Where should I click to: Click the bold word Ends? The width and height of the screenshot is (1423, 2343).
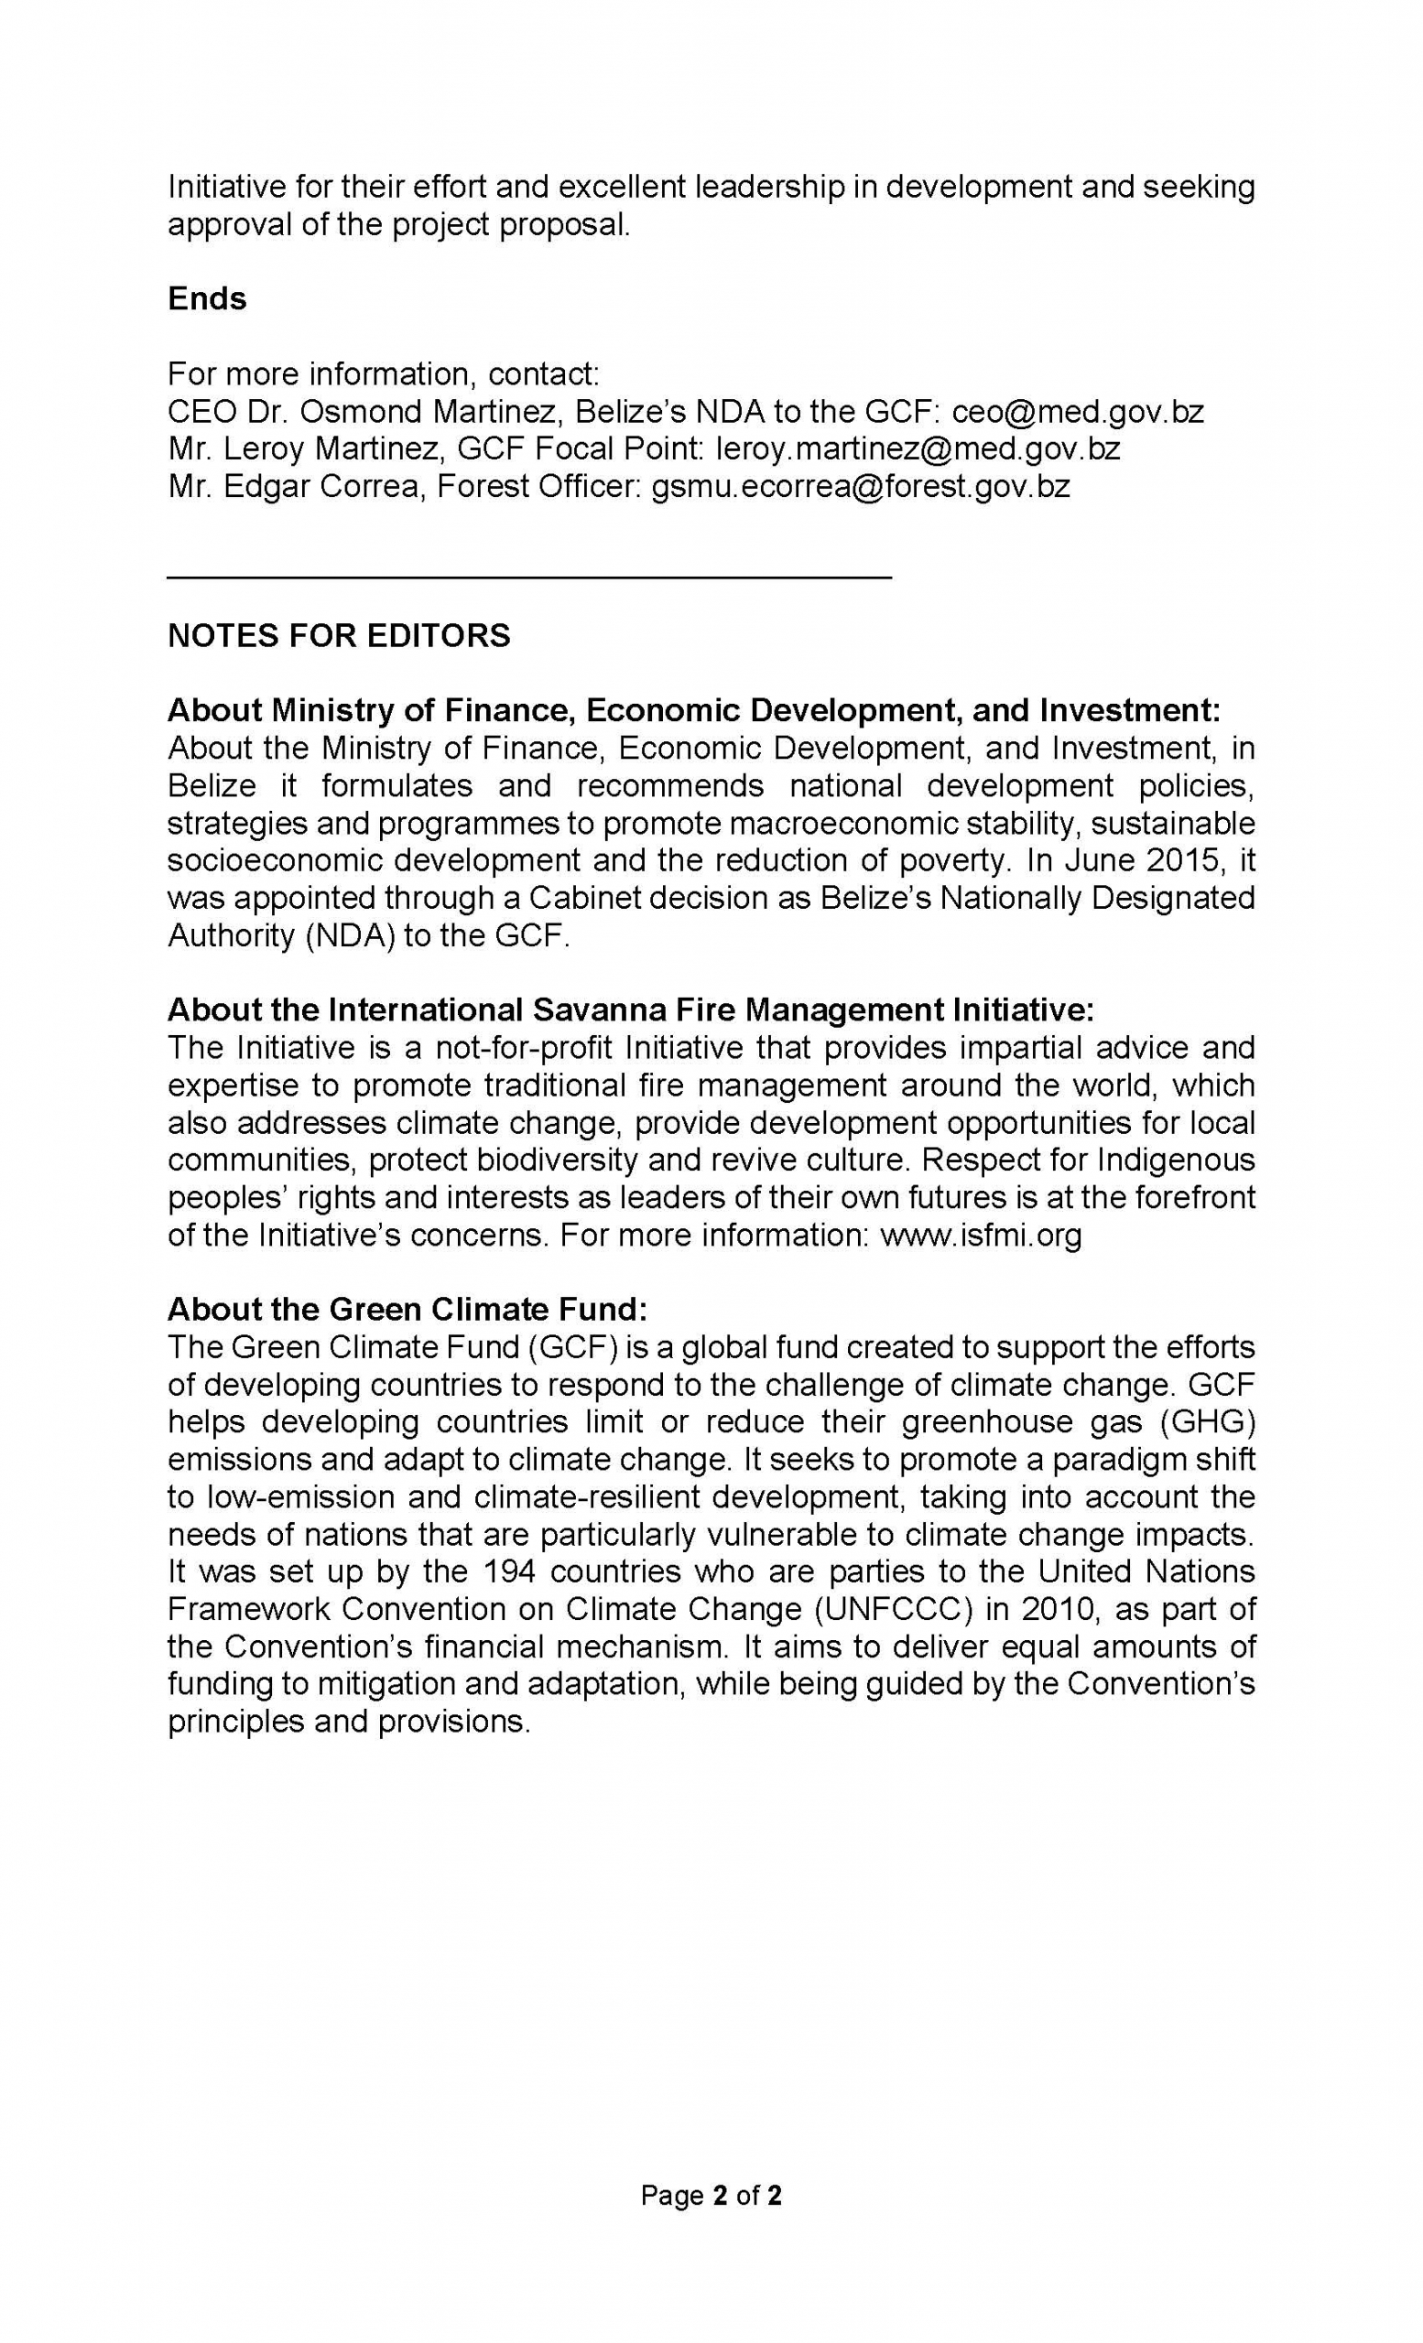click(x=206, y=298)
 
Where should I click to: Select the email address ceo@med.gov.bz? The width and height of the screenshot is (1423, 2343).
click(x=1077, y=412)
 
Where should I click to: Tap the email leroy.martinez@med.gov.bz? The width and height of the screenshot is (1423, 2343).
click(x=917, y=448)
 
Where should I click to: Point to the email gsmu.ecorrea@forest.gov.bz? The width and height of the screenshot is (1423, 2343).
click(x=860, y=487)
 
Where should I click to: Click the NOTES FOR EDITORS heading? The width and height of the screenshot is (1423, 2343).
click(x=339, y=635)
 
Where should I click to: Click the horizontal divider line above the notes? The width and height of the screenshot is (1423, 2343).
click(x=529, y=577)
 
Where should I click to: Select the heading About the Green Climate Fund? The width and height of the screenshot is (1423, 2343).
click(x=407, y=1310)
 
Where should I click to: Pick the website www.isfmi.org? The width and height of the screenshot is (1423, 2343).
click(x=981, y=1236)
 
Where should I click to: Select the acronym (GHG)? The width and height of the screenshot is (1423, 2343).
click(x=1202, y=1421)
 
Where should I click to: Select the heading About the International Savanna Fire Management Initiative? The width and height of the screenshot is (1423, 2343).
click(x=631, y=1009)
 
